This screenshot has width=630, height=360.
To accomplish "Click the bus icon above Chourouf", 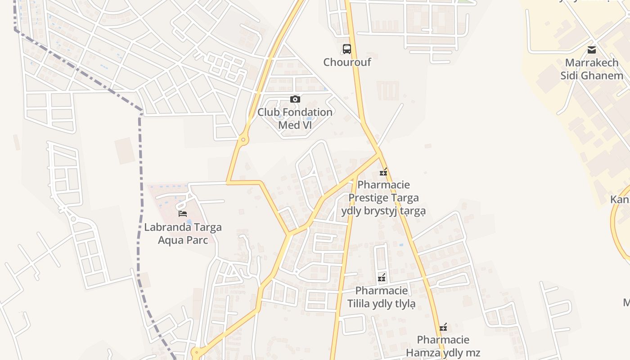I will coord(346,49).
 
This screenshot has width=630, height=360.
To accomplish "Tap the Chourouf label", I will coord(347,62).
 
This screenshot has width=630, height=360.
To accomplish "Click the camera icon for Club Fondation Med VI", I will coord(295,99).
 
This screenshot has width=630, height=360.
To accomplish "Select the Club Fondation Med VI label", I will coord(295,118).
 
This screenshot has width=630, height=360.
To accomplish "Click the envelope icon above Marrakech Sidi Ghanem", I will coord(592,49).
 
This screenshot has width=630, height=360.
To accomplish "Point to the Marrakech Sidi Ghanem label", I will coord(592,69).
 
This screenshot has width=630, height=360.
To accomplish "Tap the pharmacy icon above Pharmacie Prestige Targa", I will coord(383,171).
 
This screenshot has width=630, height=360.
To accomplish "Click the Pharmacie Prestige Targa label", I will coord(383,198).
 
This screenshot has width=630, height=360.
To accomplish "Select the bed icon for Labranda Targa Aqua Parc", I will coord(183,213).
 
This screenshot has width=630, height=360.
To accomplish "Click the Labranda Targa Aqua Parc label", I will coord(183,233).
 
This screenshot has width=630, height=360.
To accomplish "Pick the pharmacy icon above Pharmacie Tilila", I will coord(382,278).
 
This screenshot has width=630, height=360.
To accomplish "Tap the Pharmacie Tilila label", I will coord(382,297).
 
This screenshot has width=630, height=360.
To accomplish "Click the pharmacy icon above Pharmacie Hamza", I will coord(443,327).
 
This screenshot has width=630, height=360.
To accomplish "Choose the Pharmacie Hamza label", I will coord(443,346).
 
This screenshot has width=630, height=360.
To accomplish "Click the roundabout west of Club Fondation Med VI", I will coord(243,140).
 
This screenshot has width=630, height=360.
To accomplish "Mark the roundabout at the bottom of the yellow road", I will coord(195,353).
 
